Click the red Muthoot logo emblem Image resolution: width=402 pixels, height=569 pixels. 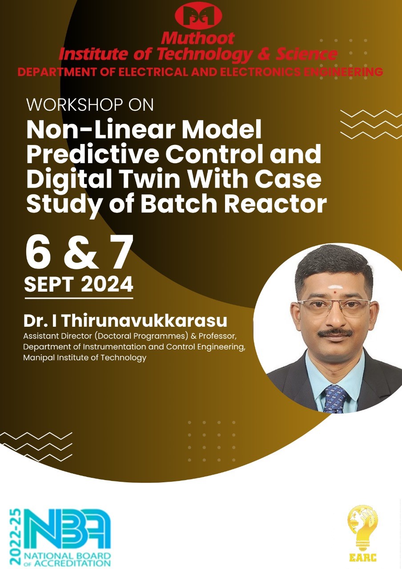(198, 15)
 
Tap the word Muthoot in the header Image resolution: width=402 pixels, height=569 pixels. (198, 38)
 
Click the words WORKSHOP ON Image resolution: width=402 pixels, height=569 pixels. (90, 104)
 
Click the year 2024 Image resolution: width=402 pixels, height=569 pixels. (107, 284)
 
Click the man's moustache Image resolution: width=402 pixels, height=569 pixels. (335, 333)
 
